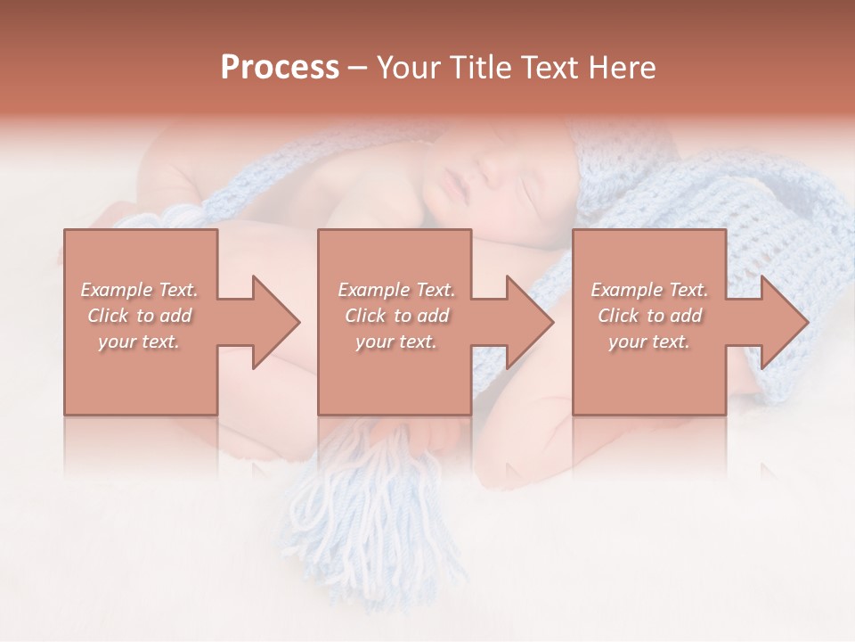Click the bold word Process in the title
280,68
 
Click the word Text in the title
545,68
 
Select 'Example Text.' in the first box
139,290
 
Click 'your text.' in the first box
139,342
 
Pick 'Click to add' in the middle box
396,316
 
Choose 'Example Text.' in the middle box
396,290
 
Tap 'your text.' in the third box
649,342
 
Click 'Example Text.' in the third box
649,290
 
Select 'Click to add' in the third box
649,316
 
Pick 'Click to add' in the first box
139,316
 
